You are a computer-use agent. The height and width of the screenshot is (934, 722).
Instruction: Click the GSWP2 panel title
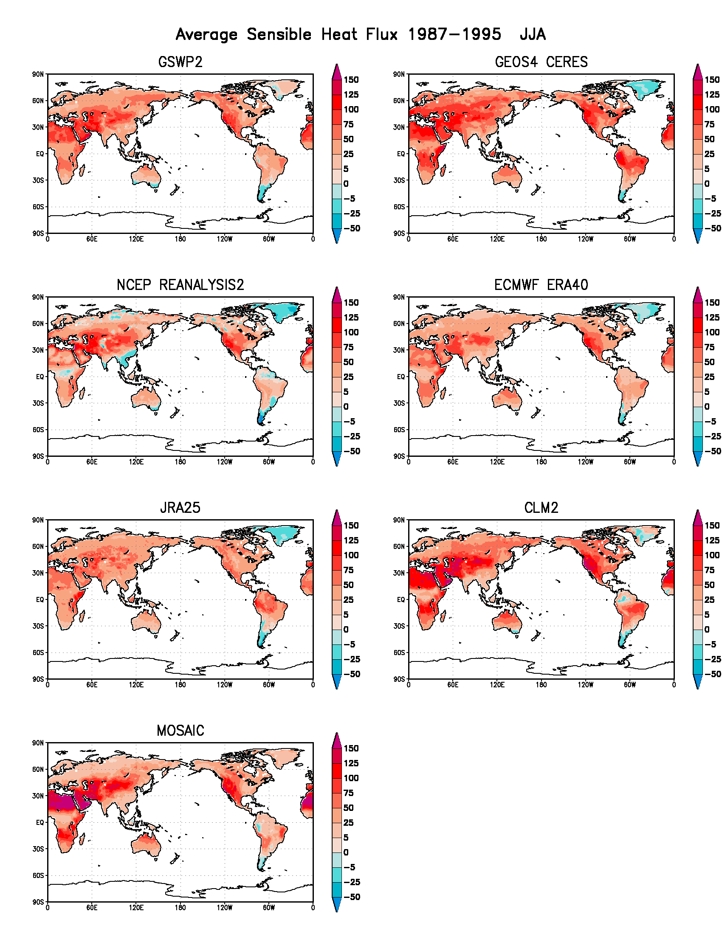[180, 62]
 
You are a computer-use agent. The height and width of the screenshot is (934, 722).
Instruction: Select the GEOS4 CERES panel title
[541, 62]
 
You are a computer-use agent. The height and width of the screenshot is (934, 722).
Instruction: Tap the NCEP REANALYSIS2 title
[180, 285]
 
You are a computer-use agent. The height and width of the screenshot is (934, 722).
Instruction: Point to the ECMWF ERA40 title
[541, 285]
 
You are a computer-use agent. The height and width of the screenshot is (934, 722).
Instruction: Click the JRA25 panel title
[180, 508]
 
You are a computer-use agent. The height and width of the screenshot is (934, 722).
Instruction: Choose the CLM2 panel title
[541, 508]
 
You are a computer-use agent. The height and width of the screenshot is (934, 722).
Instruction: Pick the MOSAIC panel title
[180, 731]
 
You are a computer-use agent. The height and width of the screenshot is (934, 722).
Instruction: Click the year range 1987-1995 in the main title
[454, 34]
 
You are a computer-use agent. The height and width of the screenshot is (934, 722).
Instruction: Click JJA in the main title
[533, 34]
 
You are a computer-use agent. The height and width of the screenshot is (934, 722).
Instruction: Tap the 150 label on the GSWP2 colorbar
[351, 80]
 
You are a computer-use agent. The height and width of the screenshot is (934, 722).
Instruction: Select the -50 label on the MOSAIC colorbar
[352, 897]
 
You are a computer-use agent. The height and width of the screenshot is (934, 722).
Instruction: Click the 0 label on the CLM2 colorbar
[707, 630]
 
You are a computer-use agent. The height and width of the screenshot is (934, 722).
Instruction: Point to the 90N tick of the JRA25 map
[38, 520]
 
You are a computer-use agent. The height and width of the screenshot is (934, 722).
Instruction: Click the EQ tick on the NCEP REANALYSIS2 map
[40, 377]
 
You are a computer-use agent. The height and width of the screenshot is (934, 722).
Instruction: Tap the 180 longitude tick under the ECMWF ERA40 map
[541, 462]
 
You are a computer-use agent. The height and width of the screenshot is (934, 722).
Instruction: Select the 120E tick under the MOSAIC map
[136, 908]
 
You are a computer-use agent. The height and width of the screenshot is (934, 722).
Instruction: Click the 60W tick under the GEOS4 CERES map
[629, 239]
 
